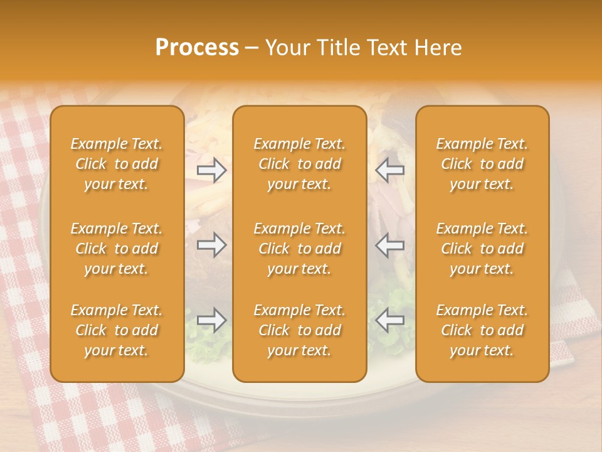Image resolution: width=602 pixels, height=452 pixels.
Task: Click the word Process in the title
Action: tap(197, 48)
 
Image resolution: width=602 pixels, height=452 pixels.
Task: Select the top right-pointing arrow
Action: tap(212, 170)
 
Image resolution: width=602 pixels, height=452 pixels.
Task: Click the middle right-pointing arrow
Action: tap(212, 245)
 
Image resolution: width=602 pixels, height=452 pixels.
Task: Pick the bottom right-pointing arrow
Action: tap(212, 320)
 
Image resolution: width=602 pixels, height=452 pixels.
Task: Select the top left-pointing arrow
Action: tap(389, 170)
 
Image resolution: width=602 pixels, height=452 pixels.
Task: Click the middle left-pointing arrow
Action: tap(389, 245)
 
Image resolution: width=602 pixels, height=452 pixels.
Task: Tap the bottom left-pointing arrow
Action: tap(389, 320)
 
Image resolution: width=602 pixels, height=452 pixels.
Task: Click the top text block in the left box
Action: tap(117, 164)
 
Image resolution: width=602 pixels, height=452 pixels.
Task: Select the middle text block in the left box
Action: tap(117, 249)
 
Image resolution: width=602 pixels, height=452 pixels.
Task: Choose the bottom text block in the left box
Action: tap(117, 330)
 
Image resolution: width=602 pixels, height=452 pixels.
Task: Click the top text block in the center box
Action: tap(299, 164)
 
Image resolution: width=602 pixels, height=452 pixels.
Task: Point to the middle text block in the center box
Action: tap(299, 249)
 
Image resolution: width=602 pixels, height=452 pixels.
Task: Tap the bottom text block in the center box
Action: tap(299, 330)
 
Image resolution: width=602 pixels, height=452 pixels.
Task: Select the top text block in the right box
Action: tap(482, 164)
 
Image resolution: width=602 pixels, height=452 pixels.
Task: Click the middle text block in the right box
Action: tap(482, 249)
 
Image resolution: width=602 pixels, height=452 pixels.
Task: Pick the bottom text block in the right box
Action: tap(482, 330)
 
